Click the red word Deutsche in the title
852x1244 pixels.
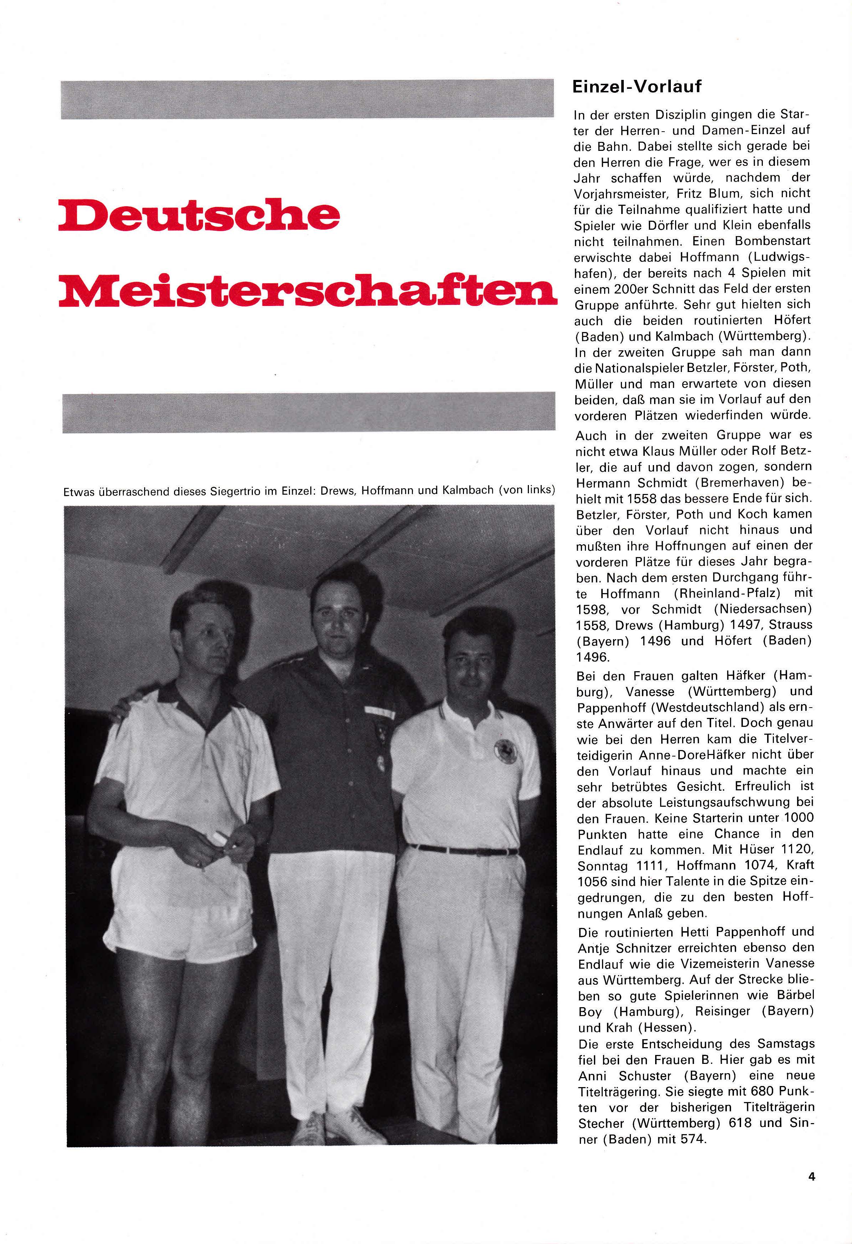coord(199,215)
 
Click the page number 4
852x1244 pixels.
coord(811,1177)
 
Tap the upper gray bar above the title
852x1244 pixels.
coord(307,99)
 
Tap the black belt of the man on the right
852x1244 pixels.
coord(463,850)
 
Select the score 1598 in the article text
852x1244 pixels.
coord(591,609)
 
